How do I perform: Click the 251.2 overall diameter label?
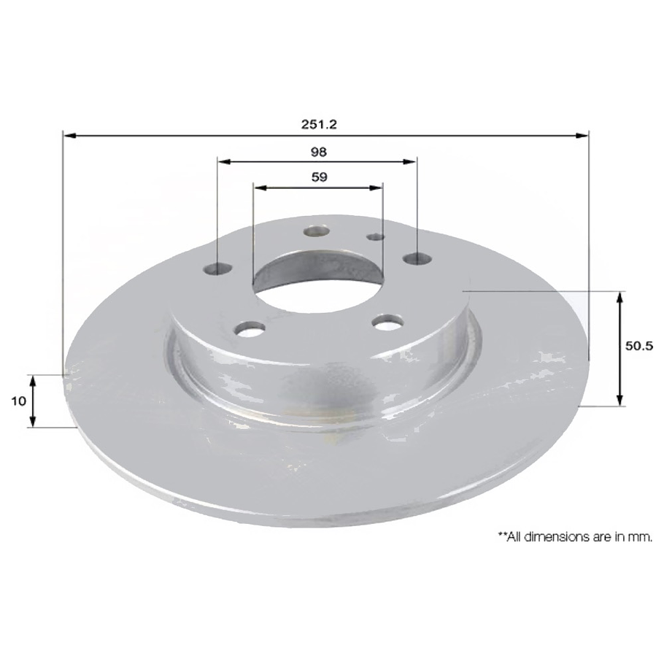[318, 124]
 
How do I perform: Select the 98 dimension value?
[318, 152]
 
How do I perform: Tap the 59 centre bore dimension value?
[318, 177]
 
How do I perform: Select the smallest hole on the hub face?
[375, 236]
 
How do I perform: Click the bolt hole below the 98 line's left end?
[218, 269]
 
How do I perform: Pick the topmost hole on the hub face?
[317, 231]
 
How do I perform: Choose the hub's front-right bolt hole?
[387, 321]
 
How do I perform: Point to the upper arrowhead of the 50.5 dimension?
[620, 296]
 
